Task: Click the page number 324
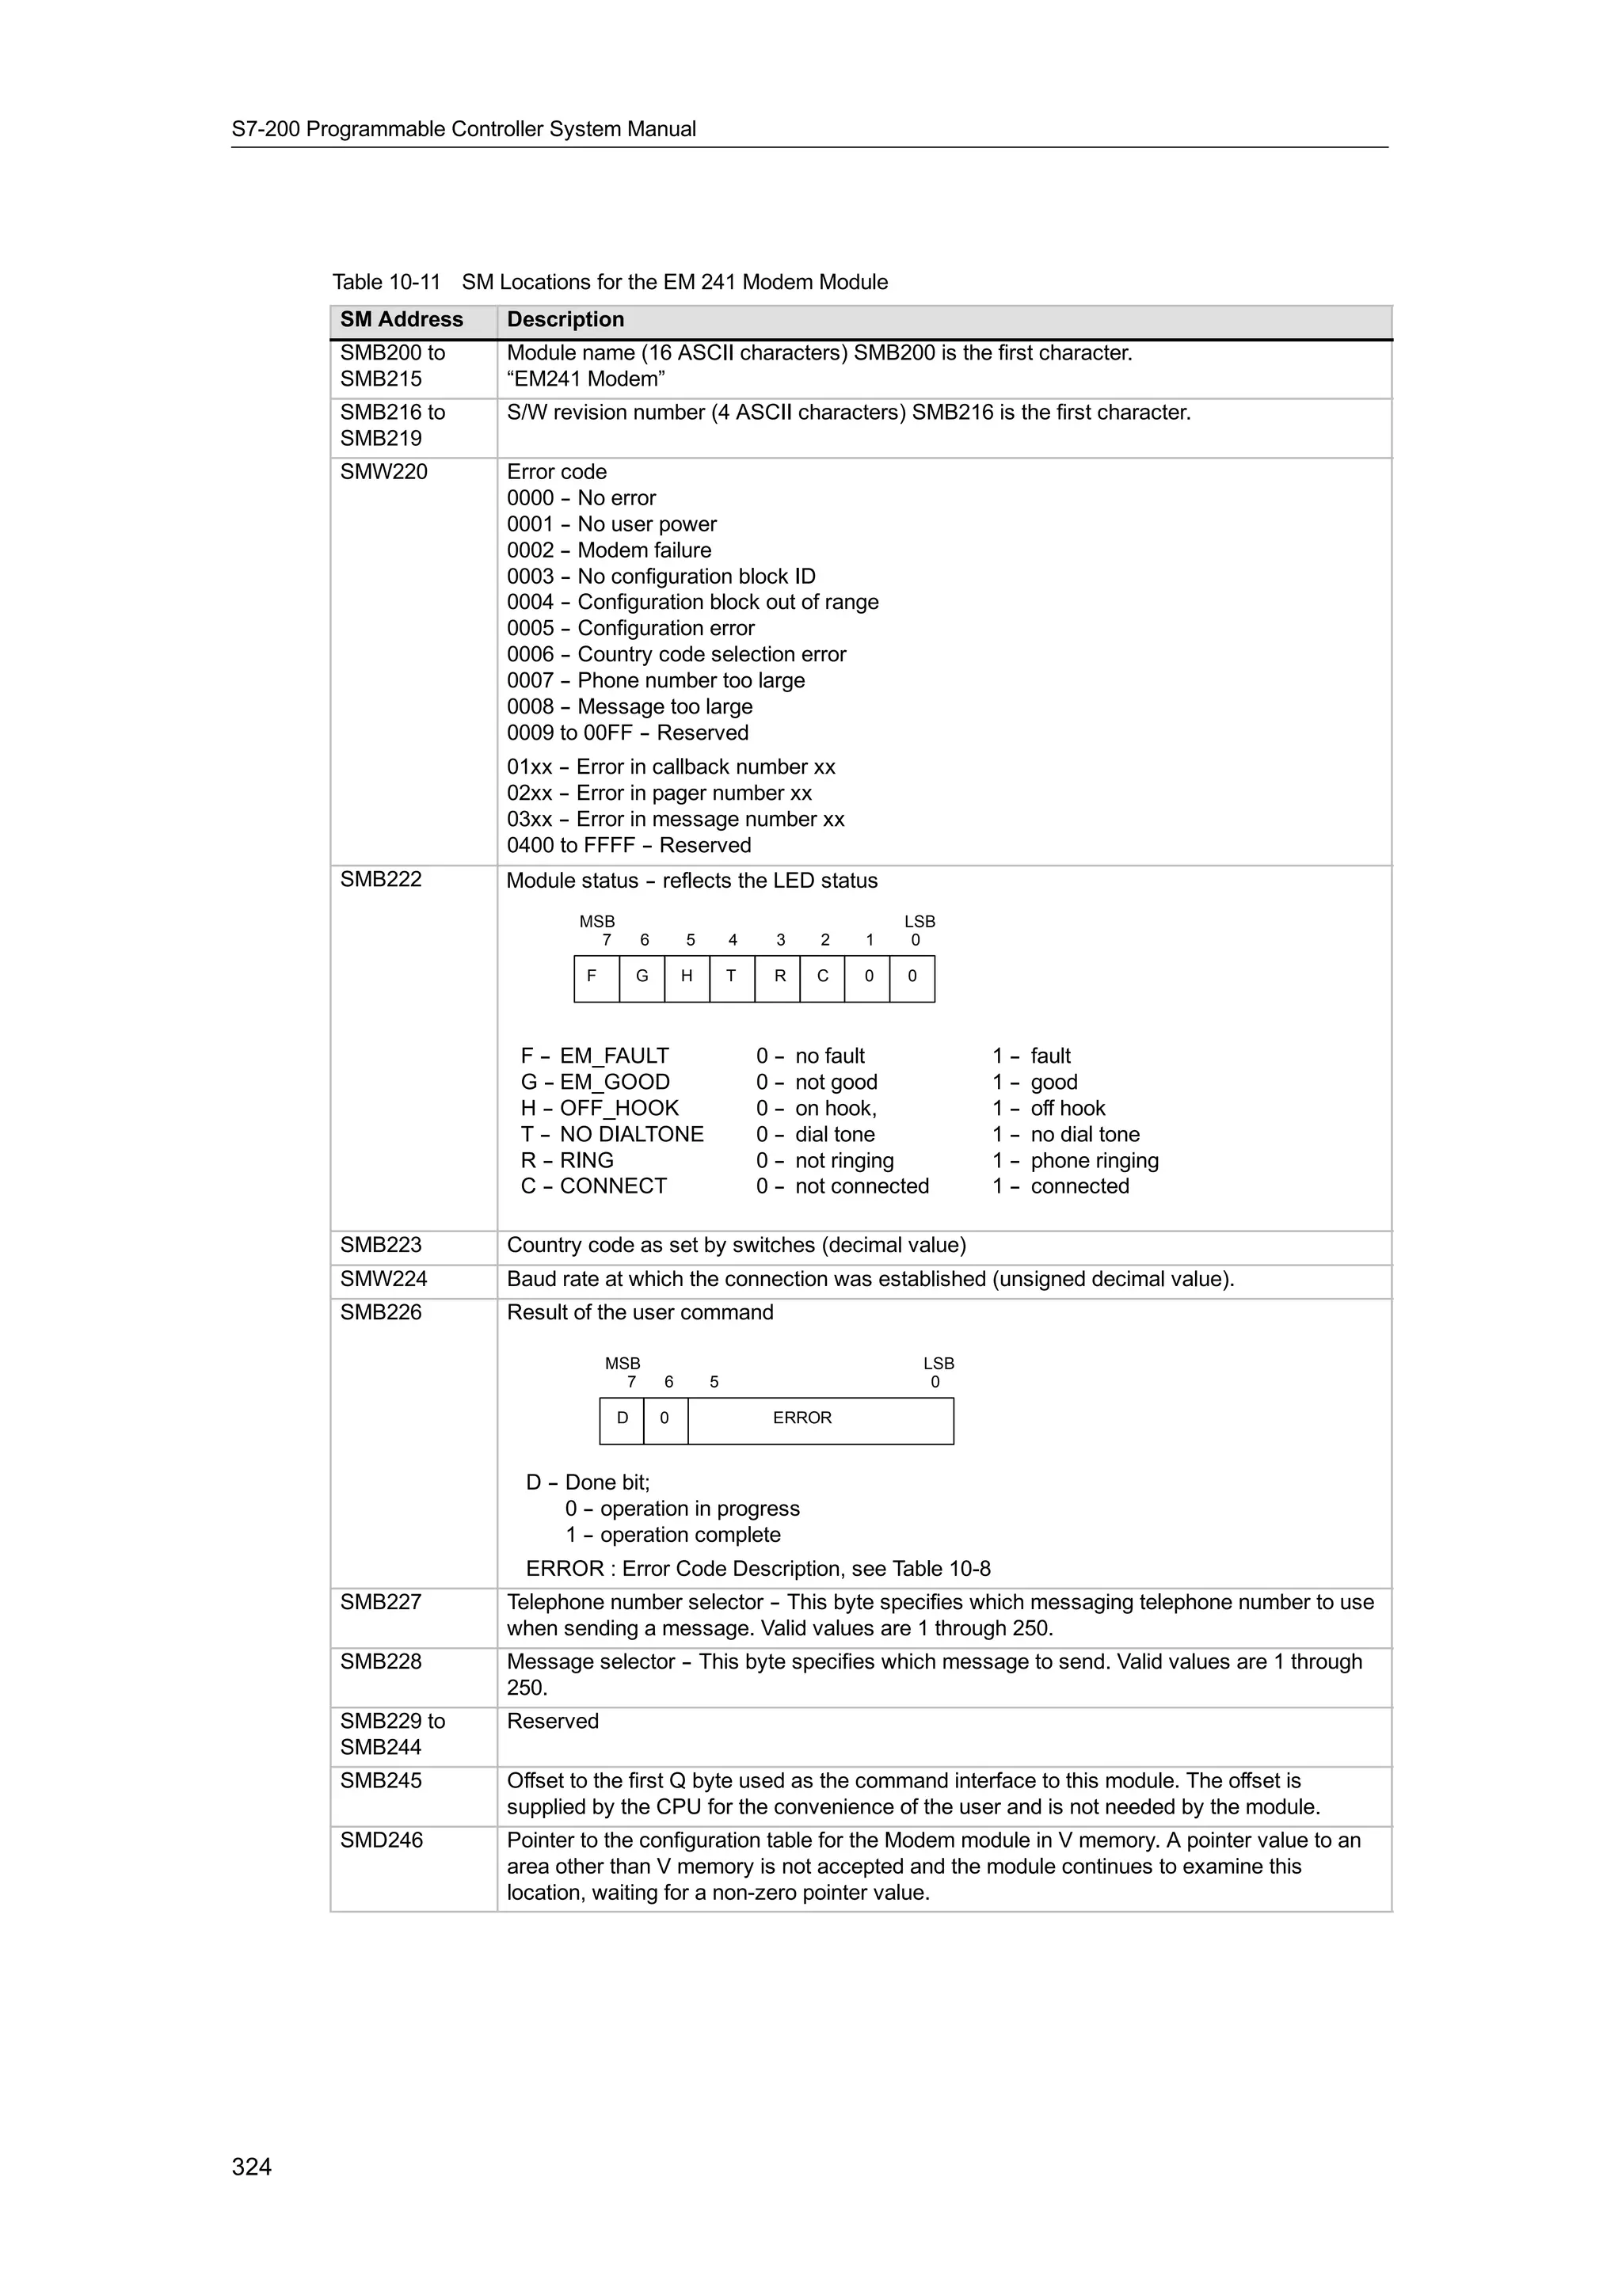tap(251, 2167)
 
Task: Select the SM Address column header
tap(402, 320)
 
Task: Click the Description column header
tap(565, 320)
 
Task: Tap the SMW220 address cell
tap(384, 472)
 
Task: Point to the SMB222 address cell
tap(381, 880)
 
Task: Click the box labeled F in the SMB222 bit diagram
tap(596, 977)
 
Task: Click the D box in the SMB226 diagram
tap(622, 1418)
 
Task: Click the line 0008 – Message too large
tap(630, 706)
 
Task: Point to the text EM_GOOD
tap(615, 1083)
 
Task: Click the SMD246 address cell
tap(382, 1840)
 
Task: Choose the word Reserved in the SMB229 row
tap(553, 1722)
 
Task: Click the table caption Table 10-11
tap(386, 282)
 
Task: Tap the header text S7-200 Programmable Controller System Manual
tap(464, 129)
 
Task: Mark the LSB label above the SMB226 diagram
tap(939, 1364)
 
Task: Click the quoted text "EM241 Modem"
tap(585, 379)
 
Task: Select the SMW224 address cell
tap(384, 1280)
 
